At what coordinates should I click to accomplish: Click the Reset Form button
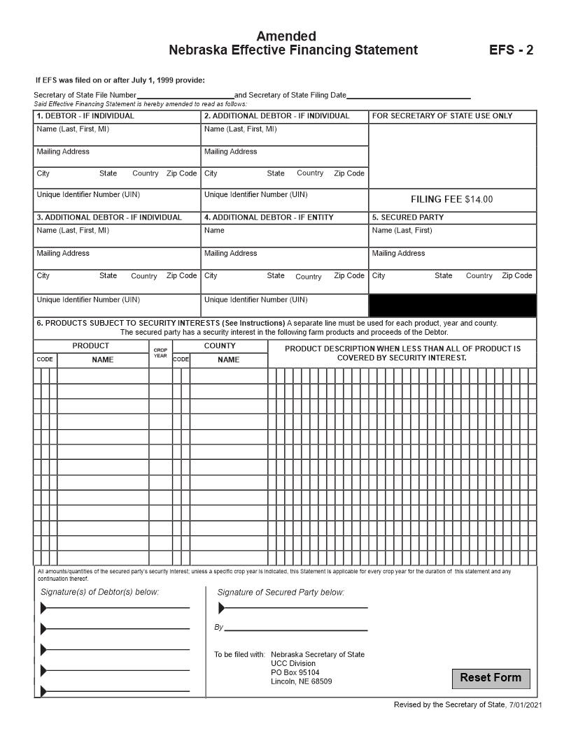[x=491, y=678]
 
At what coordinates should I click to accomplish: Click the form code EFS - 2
[x=511, y=50]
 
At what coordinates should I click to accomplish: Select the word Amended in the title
[x=285, y=36]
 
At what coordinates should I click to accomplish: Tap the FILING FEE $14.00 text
[x=451, y=200]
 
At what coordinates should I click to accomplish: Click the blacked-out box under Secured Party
[x=452, y=305]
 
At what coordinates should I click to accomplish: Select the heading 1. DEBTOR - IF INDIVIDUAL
[x=85, y=116]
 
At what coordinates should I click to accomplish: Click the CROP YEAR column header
[x=160, y=353]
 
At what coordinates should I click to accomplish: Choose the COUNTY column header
[x=220, y=346]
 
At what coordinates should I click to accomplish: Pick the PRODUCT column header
[x=90, y=346]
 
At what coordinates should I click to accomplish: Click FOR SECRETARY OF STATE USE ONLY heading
[x=442, y=116]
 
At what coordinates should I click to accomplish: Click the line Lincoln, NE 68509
[x=301, y=681]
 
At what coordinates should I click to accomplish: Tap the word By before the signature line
[x=218, y=628]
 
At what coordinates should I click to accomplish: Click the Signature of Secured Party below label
[x=281, y=593]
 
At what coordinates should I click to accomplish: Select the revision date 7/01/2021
[x=526, y=704]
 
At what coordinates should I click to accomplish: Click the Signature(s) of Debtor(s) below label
[x=99, y=593]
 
